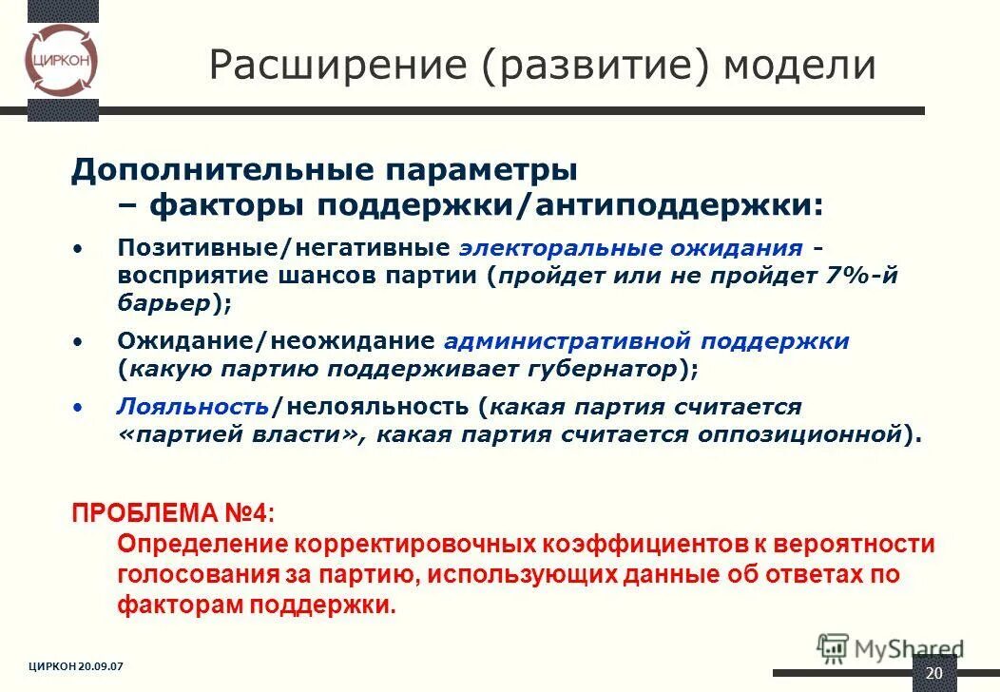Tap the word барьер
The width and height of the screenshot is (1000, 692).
tap(162, 304)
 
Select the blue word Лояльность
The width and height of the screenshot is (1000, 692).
tap(193, 407)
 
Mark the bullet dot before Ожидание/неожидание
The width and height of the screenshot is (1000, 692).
tap(78, 340)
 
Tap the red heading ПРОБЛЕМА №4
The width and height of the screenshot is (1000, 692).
tap(173, 512)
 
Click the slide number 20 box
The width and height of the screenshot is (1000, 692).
tap(933, 672)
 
